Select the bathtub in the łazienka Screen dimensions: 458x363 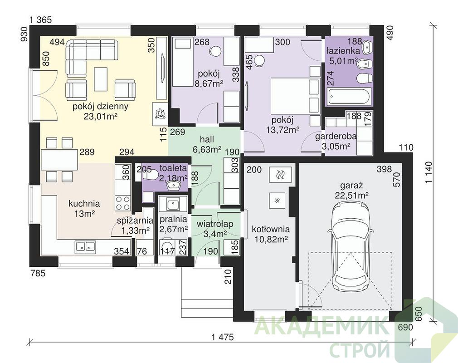coord(349,97)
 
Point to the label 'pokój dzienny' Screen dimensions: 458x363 coord(100,106)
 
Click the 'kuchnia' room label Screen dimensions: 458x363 coord(84,203)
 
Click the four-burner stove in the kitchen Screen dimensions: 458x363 coord(123,202)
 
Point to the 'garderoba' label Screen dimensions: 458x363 coord(336,137)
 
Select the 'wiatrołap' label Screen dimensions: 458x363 coord(214,224)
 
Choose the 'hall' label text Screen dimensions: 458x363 coord(207,139)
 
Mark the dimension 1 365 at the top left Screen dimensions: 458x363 coord(40,20)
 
